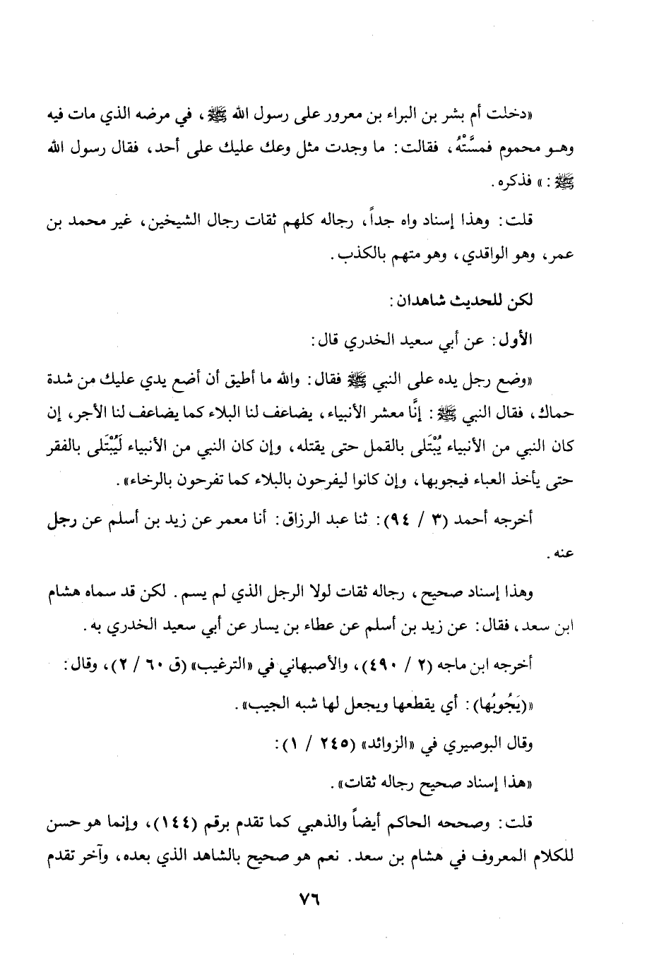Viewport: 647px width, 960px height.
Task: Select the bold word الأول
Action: point(545,340)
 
